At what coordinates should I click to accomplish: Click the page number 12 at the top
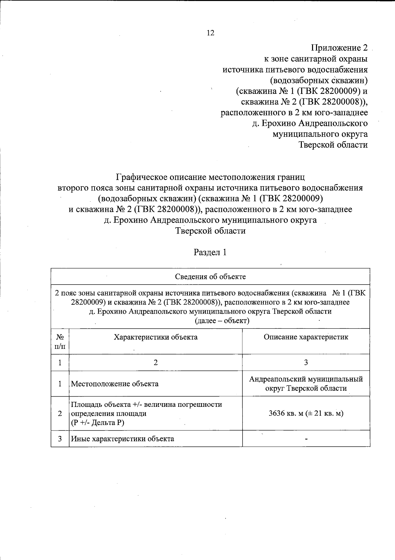click(x=210, y=33)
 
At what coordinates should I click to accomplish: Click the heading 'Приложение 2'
click(x=339, y=48)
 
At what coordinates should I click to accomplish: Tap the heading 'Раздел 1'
click(x=210, y=252)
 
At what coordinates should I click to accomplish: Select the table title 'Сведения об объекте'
click(x=210, y=277)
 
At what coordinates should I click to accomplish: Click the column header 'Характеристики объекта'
click(x=155, y=337)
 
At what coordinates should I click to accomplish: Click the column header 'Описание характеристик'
click(x=306, y=337)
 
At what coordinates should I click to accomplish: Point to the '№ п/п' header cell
click(x=60, y=342)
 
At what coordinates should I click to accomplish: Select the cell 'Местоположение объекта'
click(x=115, y=384)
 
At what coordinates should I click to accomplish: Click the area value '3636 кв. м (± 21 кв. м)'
click(x=306, y=413)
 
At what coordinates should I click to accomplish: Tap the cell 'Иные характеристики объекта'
click(x=122, y=439)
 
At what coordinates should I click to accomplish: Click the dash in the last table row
click(x=306, y=439)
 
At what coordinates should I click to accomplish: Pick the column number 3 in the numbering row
click(x=306, y=363)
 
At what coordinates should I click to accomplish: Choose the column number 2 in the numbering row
click(x=155, y=363)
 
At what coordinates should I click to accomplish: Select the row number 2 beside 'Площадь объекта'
click(x=60, y=413)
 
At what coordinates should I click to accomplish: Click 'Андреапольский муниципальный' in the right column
click(x=306, y=379)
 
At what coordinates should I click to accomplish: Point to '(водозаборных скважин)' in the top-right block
click(x=318, y=80)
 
